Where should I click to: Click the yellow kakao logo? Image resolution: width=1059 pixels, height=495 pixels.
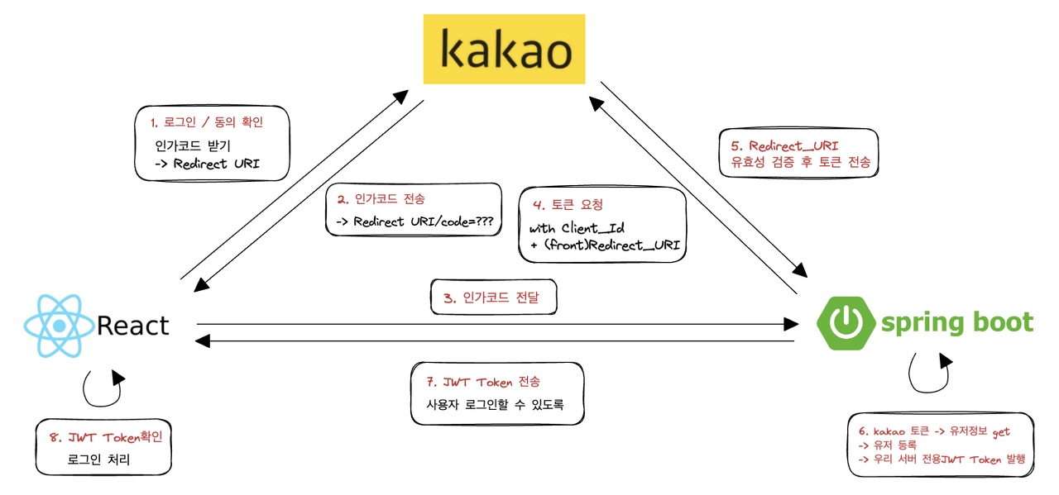tap(505, 48)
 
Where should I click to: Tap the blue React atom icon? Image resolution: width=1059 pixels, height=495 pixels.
tap(55, 326)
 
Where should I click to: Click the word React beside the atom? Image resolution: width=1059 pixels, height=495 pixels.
tap(133, 326)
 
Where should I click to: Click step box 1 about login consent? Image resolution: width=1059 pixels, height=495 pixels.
tap(212, 143)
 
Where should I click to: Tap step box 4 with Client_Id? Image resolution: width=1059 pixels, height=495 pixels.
tap(602, 224)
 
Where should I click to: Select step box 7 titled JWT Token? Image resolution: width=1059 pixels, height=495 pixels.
tap(497, 393)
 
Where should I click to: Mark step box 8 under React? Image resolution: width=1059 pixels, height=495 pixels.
tap(103, 446)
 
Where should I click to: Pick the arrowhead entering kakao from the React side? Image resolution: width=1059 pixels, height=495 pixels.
tap(400, 95)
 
